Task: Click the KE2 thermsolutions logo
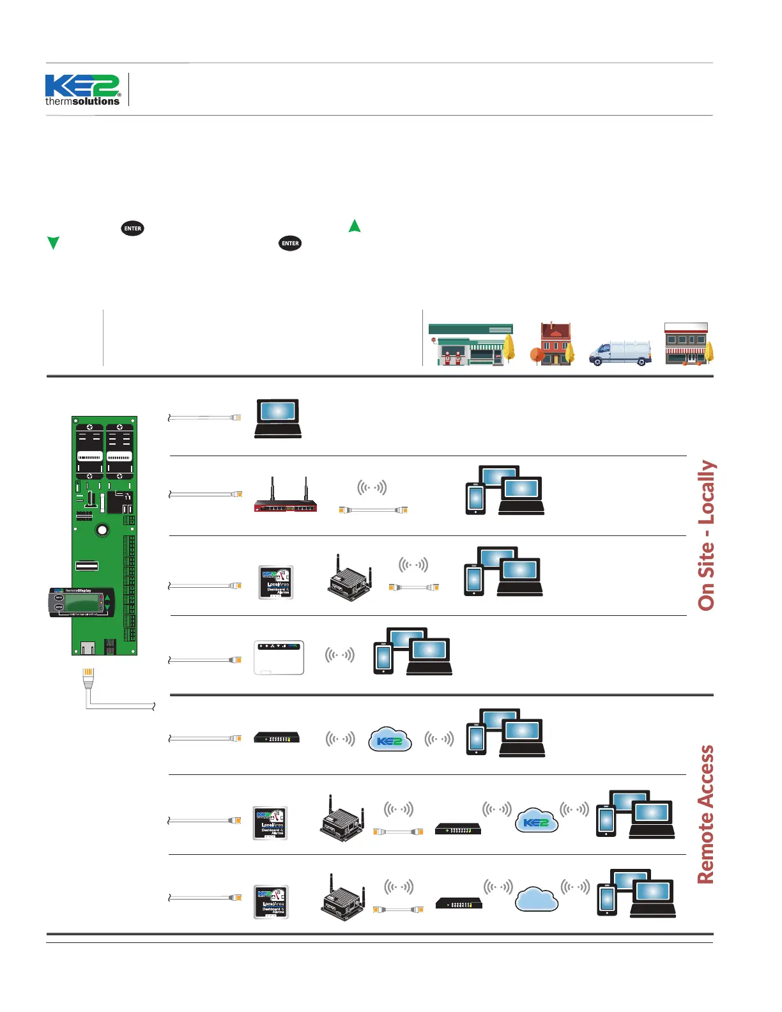[x=82, y=90]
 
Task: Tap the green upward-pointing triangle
[x=355, y=226]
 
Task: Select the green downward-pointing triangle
[x=54, y=242]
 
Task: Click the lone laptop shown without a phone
[x=278, y=418]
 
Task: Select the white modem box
[x=279, y=657]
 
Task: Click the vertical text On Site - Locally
[x=706, y=535]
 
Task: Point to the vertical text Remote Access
[x=705, y=815]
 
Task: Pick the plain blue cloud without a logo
[x=537, y=899]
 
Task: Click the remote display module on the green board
[x=81, y=602]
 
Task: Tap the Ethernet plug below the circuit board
[x=88, y=677]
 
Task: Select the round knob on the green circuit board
[x=102, y=530]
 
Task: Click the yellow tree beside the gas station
[x=509, y=348]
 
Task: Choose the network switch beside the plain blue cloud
[x=459, y=903]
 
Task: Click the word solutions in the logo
[x=96, y=102]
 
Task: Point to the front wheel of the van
[x=597, y=362]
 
